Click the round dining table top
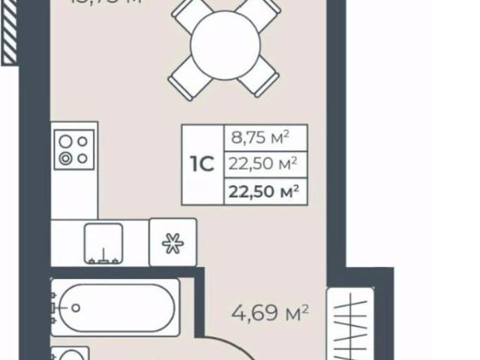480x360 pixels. [x=224, y=47]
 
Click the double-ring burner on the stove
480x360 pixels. [x=66, y=157]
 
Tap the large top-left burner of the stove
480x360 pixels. [x=66, y=140]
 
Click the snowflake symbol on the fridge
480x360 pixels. [x=172, y=242]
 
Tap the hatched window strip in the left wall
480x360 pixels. [x=9, y=33]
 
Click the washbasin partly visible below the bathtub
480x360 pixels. [x=70, y=355]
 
